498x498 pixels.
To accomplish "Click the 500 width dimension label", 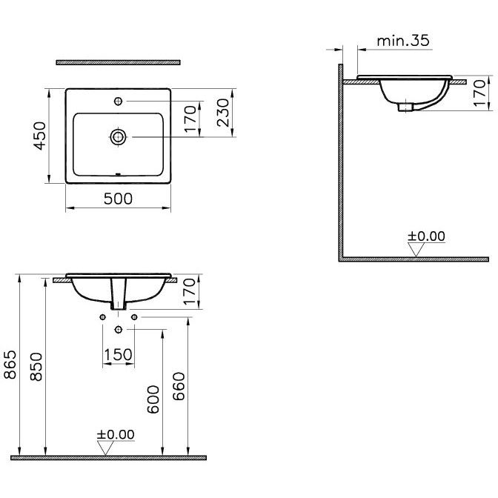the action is pyautogui.click(x=118, y=199).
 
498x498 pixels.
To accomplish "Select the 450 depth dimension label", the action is pyautogui.click(x=40, y=136).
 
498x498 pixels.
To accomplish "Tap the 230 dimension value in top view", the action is pyautogui.click(x=223, y=113).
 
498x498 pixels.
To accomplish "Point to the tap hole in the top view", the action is pyautogui.click(x=118, y=102).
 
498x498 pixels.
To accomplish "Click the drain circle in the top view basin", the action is pyautogui.click(x=118, y=137).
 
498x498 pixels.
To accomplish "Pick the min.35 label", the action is pyautogui.click(x=403, y=41).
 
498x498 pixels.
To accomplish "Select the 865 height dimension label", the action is pyautogui.click(x=10, y=365).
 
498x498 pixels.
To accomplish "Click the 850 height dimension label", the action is pyautogui.click(x=36, y=367).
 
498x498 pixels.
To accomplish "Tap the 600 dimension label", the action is pyautogui.click(x=153, y=399).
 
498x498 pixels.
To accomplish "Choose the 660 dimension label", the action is pyautogui.click(x=179, y=386).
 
